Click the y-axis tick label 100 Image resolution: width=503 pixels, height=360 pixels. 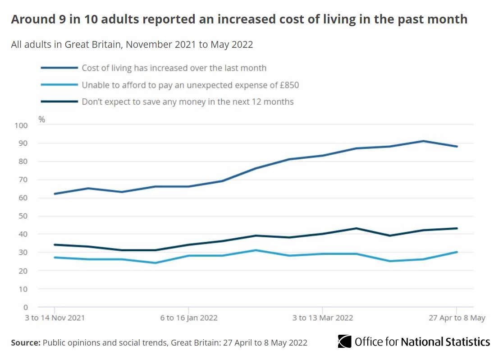pos(21,125)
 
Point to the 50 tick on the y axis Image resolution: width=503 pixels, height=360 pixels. pos(23,216)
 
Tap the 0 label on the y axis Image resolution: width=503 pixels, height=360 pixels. pos(26,307)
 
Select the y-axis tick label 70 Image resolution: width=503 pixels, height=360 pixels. pos(23,180)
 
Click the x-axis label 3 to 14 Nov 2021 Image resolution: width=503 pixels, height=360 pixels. pos(55,318)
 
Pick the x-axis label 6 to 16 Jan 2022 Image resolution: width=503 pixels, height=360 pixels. pos(189,318)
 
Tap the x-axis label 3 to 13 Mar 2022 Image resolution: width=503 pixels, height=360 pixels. pos(323,318)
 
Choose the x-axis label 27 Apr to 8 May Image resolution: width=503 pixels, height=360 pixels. pos(457,318)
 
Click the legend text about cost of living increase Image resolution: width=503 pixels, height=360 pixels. pos(174,68)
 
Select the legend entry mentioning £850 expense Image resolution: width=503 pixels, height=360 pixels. pos(190,85)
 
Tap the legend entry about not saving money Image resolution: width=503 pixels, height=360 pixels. pos(187,102)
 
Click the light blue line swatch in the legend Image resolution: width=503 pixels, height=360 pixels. pos(59,85)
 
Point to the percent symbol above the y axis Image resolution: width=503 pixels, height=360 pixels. pos(42,120)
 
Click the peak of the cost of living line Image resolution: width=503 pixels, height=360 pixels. pos(423,141)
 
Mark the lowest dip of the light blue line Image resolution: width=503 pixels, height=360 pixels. pos(155,263)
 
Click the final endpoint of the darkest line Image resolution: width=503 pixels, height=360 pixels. pos(457,228)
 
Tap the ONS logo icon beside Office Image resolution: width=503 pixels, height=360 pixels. pos(344,342)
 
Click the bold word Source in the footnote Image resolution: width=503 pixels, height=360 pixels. pos(26,343)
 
